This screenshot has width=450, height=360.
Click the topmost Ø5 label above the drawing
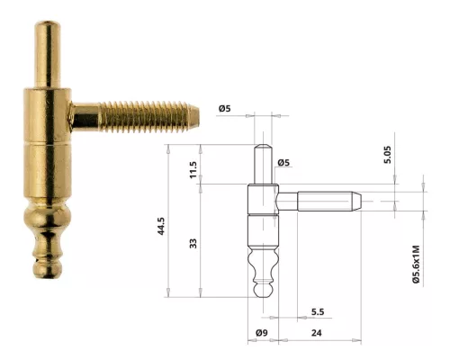[x=223, y=110]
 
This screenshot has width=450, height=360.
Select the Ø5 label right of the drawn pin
[x=283, y=163]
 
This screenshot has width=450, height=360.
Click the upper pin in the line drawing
[x=262, y=163]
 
